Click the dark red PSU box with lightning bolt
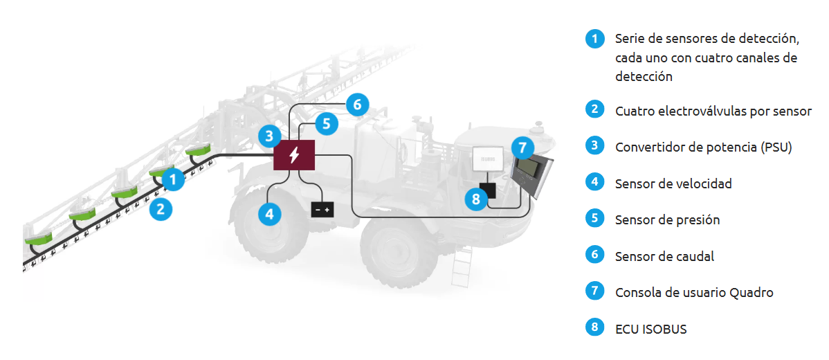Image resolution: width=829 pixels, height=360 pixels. pos(295,154)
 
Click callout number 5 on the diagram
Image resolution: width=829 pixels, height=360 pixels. pos(327,124)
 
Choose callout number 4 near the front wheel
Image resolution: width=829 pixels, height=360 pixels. pos(270,214)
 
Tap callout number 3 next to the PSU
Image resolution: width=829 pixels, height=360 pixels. pos(270,136)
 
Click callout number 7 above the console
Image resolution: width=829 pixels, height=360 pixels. pos(523,147)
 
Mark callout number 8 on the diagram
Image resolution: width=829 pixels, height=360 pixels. pos(475,200)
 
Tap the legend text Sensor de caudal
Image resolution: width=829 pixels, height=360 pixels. pos(664,256)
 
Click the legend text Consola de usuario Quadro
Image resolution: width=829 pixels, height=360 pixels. pos(694,292)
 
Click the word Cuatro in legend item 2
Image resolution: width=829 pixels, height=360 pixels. pos(634,111)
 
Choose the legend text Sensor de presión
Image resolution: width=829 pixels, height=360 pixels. pos(667,219)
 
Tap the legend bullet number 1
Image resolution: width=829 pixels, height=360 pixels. pos(594,37)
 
